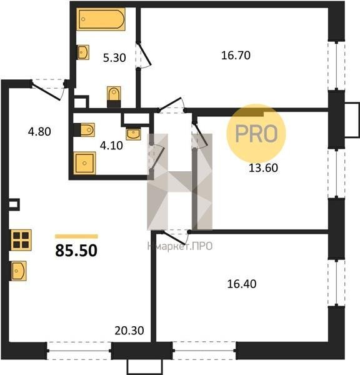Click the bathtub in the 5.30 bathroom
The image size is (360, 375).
pyautogui.click(x=101, y=19)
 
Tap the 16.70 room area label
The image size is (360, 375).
pyautogui.click(x=236, y=56)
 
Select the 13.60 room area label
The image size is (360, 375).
pyautogui.click(x=263, y=168)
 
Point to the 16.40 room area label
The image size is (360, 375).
pyautogui.click(x=242, y=284)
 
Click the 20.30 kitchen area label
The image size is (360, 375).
pyautogui.click(x=129, y=331)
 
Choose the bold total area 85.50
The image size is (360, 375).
pyautogui.click(x=76, y=251)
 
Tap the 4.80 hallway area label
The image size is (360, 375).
pyautogui.click(x=39, y=132)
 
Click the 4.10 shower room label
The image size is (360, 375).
pyautogui.click(x=111, y=146)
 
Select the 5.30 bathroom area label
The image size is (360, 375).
pyautogui.click(x=114, y=58)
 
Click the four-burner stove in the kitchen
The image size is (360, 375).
pyautogui.click(x=21, y=240)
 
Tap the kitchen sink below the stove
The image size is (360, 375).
pyautogui.click(x=18, y=271)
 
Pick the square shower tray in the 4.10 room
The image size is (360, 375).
pyautogui.click(x=84, y=163)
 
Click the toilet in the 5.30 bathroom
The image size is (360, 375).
pyautogui.click(x=114, y=97)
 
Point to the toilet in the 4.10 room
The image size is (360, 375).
pyautogui.click(x=84, y=130)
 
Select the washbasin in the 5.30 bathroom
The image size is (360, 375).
pyautogui.click(x=83, y=52)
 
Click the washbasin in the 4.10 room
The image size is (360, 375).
pyautogui.click(x=133, y=134)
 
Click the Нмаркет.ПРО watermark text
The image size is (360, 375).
pyautogui.click(x=180, y=246)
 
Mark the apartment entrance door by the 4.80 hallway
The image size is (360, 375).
pyautogui.click(x=48, y=91)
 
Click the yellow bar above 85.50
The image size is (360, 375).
pyautogui.click(x=76, y=236)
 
